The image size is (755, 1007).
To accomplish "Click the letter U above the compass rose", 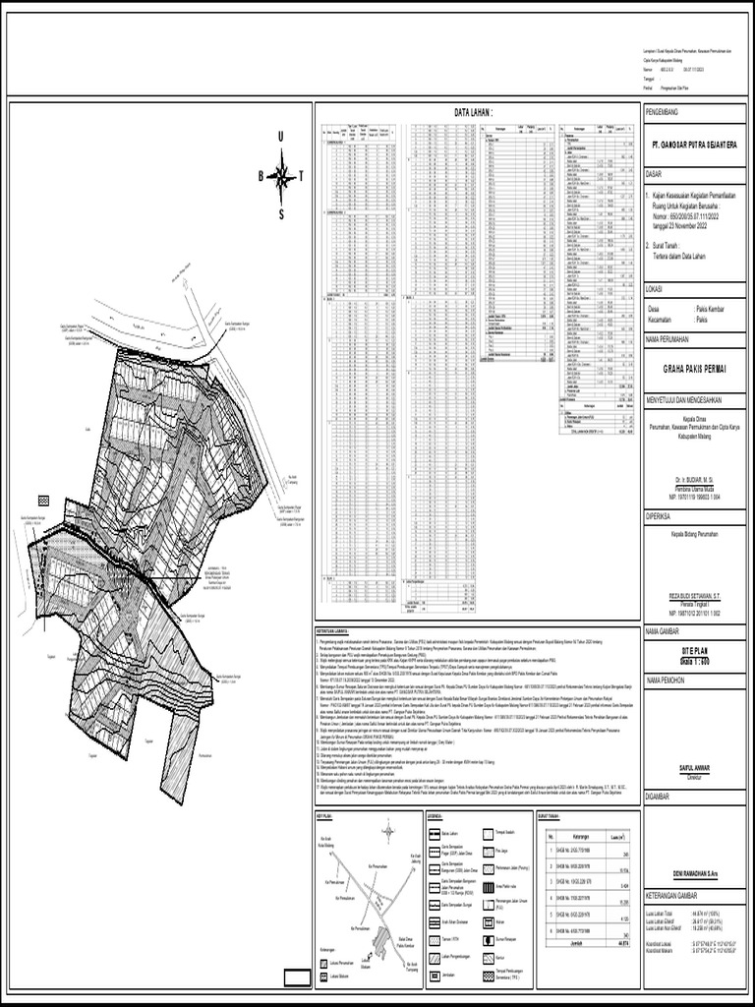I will click(281, 136).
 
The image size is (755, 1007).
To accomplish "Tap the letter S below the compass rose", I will click(281, 214).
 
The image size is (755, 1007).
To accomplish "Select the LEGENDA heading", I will click(436, 816).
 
